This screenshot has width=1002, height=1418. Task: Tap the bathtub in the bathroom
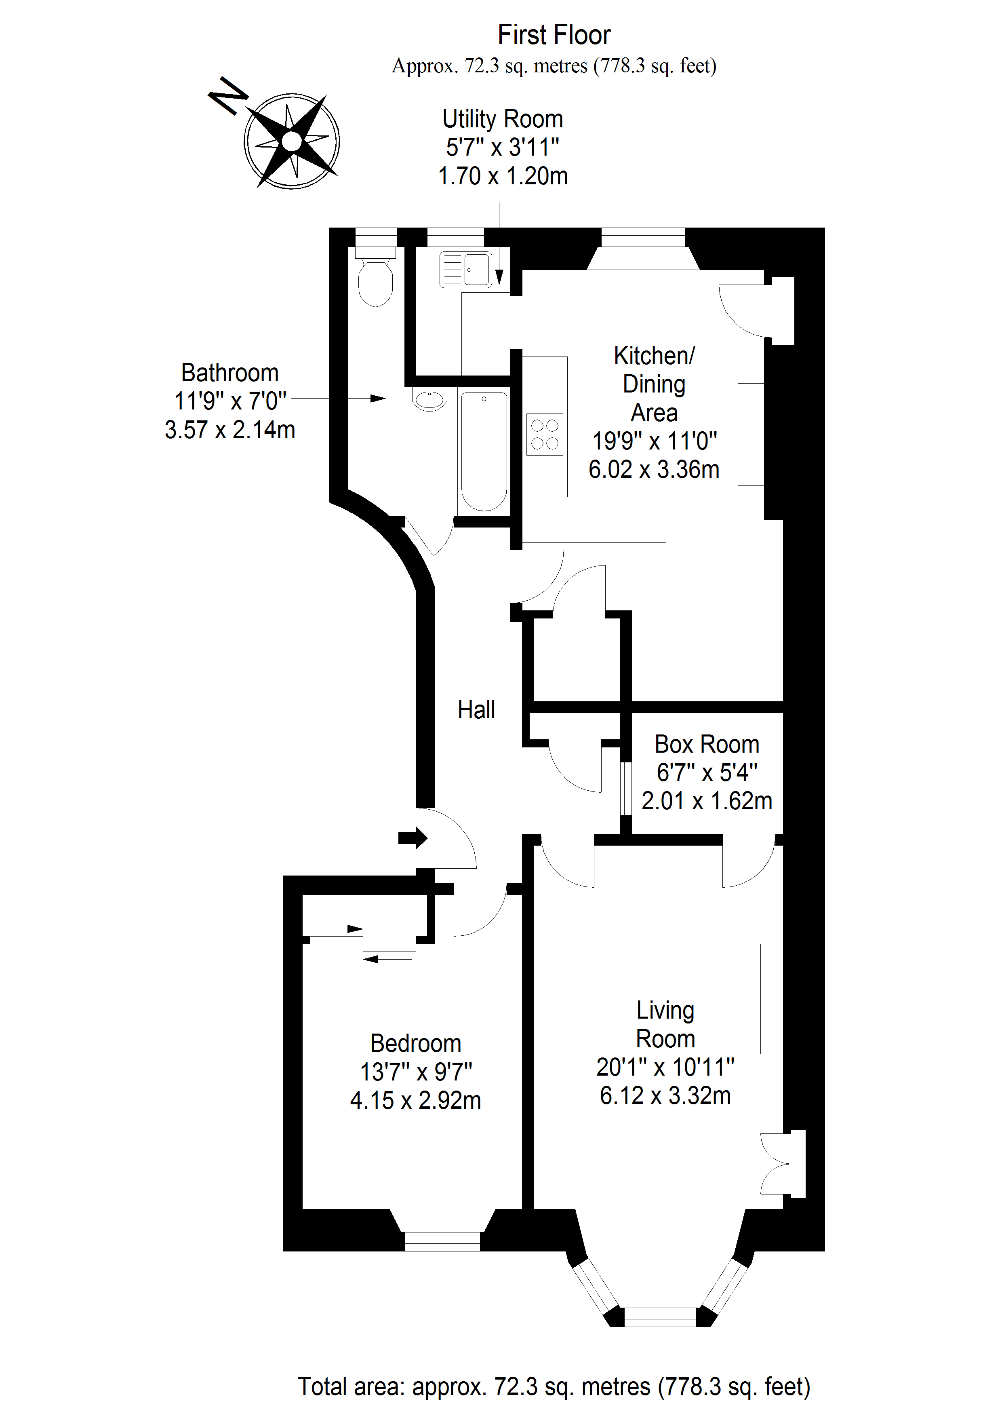coord(484,452)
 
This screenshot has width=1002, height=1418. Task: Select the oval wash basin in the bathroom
coord(430,400)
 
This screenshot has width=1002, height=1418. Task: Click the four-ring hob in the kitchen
coord(545,434)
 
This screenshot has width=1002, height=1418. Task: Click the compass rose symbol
coord(291,141)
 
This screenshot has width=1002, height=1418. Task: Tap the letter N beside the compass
coord(228,96)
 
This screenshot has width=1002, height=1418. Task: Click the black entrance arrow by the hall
coord(413,838)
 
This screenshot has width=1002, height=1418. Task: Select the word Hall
coord(476,710)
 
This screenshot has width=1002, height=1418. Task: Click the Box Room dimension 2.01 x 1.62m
coord(707,801)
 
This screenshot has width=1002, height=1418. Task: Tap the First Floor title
coord(554,35)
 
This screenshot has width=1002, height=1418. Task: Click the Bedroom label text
coord(415,1043)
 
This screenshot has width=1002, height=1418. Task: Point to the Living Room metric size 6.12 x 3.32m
coord(665,1095)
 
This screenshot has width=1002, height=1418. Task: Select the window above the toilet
coord(375,237)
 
